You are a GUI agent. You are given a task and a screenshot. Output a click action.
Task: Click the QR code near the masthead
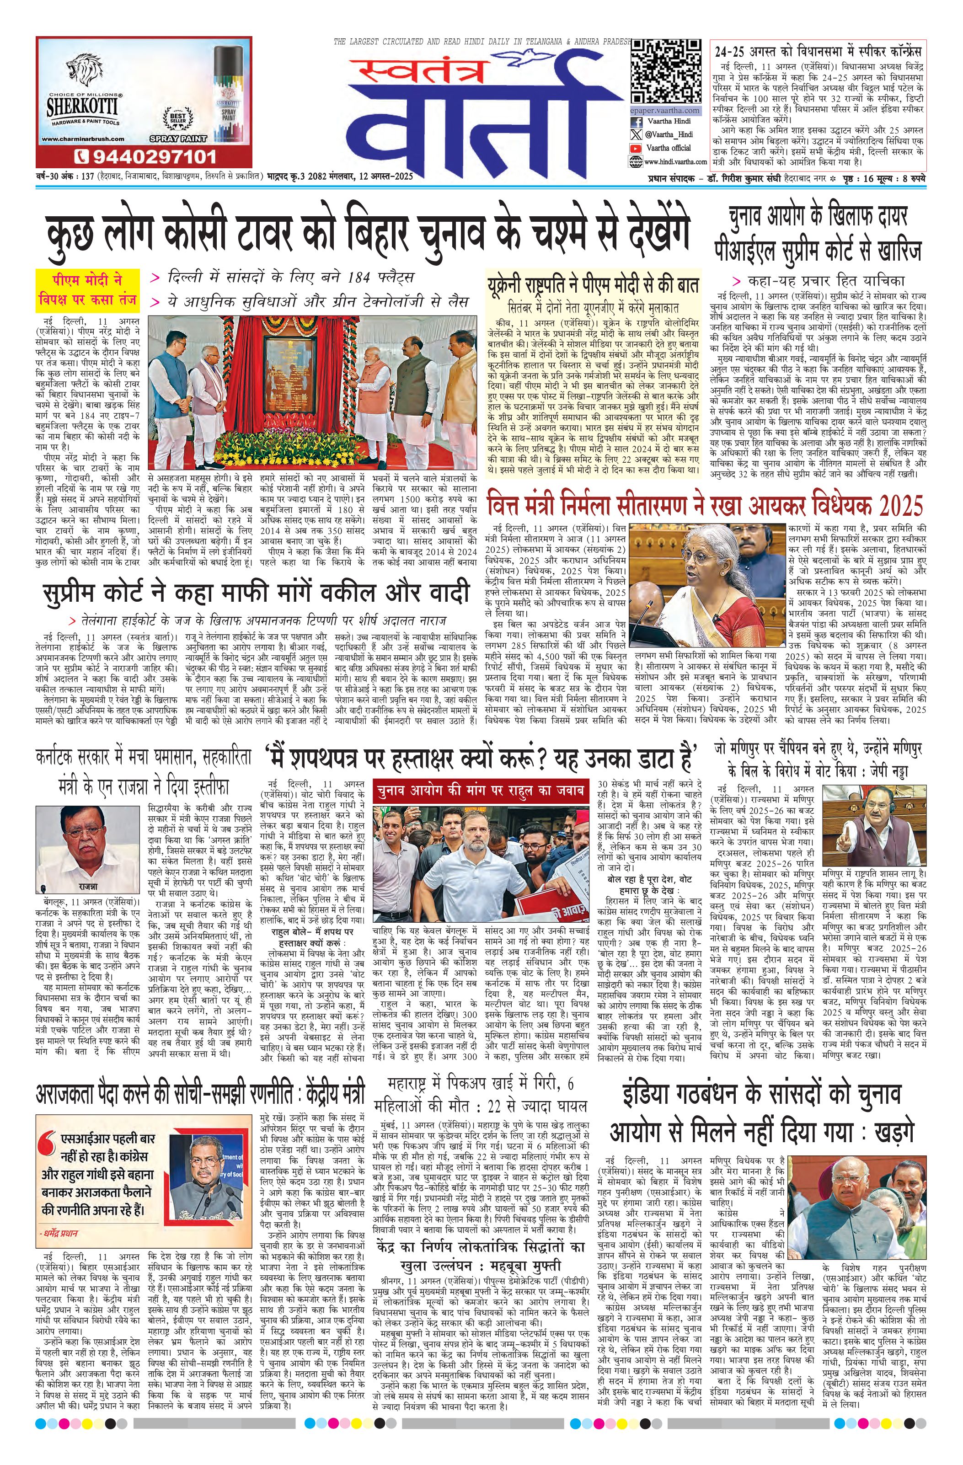[666, 71]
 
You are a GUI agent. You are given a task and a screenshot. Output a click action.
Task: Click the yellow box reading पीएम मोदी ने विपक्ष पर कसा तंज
[87, 290]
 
